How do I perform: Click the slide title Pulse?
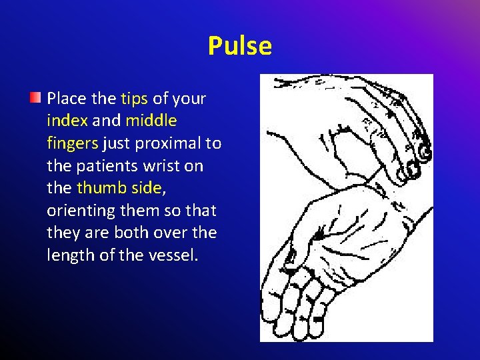click(239, 46)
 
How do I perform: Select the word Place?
click(67, 99)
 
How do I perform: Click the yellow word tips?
click(135, 99)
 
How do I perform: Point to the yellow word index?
click(67, 121)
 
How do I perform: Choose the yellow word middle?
click(151, 121)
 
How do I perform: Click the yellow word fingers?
click(73, 143)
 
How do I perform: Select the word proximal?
click(169, 143)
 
